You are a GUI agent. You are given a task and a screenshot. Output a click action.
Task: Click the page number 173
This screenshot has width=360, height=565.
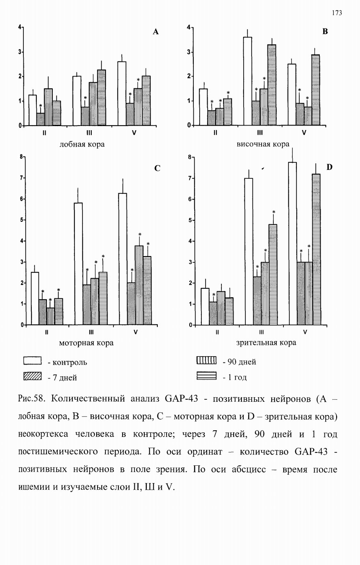click(337, 13)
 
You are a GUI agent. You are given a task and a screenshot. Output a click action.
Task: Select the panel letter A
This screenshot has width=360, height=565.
click(156, 32)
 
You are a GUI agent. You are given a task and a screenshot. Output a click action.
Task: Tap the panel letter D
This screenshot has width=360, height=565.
click(329, 167)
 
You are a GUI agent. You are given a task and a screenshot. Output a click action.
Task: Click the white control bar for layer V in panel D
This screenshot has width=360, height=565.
click(292, 244)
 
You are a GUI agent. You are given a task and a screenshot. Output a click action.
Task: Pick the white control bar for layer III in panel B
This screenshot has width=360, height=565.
click(248, 81)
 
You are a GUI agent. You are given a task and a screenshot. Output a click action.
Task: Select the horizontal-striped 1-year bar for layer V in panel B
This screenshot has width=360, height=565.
click(316, 90)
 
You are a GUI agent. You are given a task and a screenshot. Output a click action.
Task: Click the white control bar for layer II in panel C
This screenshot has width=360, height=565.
click(35, 298)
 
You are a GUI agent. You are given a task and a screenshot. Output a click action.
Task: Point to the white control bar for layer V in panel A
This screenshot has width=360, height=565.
click(122, 94)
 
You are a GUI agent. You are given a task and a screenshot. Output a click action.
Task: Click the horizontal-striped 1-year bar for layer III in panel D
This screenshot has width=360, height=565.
click(273, 275)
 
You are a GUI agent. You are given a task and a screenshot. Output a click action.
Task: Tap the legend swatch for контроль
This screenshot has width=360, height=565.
click(32, 360)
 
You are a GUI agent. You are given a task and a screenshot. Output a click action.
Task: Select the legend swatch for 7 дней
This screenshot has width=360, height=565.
click(32, 376)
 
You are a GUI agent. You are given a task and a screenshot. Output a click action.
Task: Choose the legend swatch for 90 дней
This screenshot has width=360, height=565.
click(206, 360)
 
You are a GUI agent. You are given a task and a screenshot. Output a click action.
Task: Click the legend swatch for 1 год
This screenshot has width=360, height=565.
click(206, 375)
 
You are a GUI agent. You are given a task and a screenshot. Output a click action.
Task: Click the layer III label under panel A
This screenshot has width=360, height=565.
click(89, 133)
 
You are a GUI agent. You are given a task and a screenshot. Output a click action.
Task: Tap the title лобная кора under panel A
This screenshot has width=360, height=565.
click(82, 144)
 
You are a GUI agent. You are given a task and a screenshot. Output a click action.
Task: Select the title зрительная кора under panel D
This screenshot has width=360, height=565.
click(266, 342)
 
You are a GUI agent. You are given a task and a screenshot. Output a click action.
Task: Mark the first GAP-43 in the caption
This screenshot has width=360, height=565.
click(181, 399)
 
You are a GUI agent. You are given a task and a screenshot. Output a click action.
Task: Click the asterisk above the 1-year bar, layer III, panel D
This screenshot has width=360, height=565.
click(274, 212)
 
